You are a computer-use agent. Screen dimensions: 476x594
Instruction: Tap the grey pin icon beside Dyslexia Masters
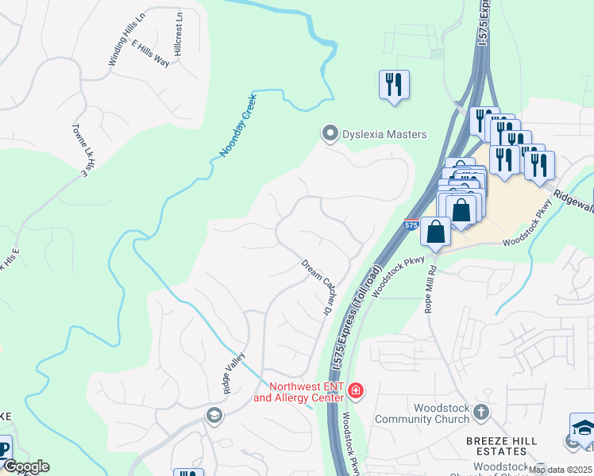(x=329, y=133)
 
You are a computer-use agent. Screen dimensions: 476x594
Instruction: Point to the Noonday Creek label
(x=238, y=125)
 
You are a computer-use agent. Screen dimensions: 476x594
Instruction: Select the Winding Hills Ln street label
(x=129, y=39)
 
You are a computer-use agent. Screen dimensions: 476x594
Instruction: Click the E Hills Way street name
(x=151, y=53)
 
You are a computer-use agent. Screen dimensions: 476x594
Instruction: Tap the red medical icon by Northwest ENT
(x=356, y=390)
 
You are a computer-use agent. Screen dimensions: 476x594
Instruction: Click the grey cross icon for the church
(x=481, y=412)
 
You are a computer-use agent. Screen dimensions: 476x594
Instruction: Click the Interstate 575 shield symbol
(x=410, y=225)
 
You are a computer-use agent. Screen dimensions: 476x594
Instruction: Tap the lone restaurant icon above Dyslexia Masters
(x=395, y=83)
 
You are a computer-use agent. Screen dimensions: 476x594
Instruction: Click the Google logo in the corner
(x=25, y=466)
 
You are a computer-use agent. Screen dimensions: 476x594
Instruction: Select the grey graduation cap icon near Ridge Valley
(x=213, y=414)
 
